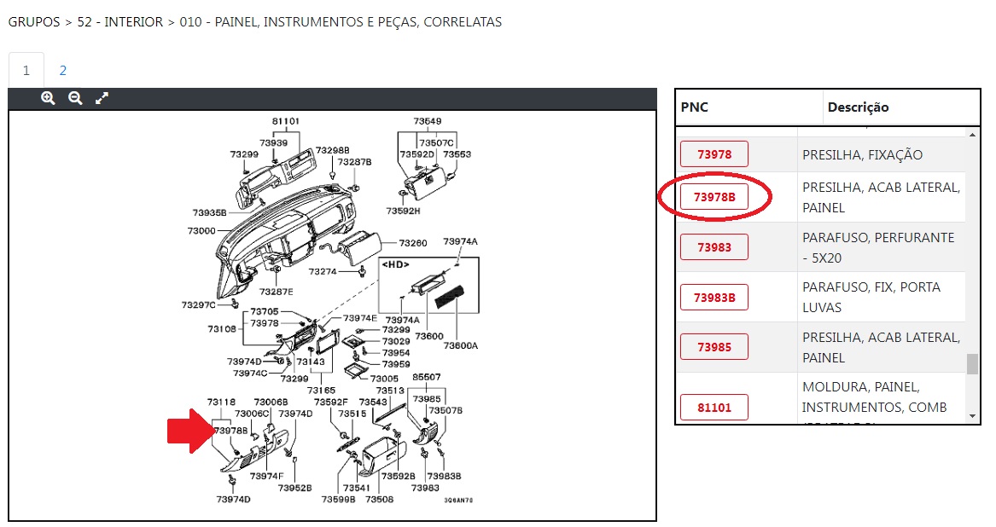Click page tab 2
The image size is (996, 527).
tap(62, 71)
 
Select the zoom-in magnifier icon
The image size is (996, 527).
tap(48, 98)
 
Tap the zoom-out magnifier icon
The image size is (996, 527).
tap(75, 98)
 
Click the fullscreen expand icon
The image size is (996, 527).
tap(102, 98)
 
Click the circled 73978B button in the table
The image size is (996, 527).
tap(714, 198)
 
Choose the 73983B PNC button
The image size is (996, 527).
tap(714, 298)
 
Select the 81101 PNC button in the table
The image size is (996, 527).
tap(714, 408)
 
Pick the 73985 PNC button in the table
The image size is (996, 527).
tap(714, 347)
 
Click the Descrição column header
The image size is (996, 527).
tap(858, 107)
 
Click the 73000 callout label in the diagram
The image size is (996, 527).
tap(201, 230)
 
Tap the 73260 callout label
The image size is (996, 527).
tap(413, 242)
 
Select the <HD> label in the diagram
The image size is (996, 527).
tap(394, 264)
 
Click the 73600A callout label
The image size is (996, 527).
tap(461, 345)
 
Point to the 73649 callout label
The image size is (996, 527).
tap(428, 121)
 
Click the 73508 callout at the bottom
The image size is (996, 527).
tap(380, 499)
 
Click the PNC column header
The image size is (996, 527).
tap(695, 107)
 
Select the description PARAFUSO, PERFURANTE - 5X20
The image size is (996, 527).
tap(878, 247)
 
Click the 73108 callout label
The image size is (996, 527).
tap(221, 328)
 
